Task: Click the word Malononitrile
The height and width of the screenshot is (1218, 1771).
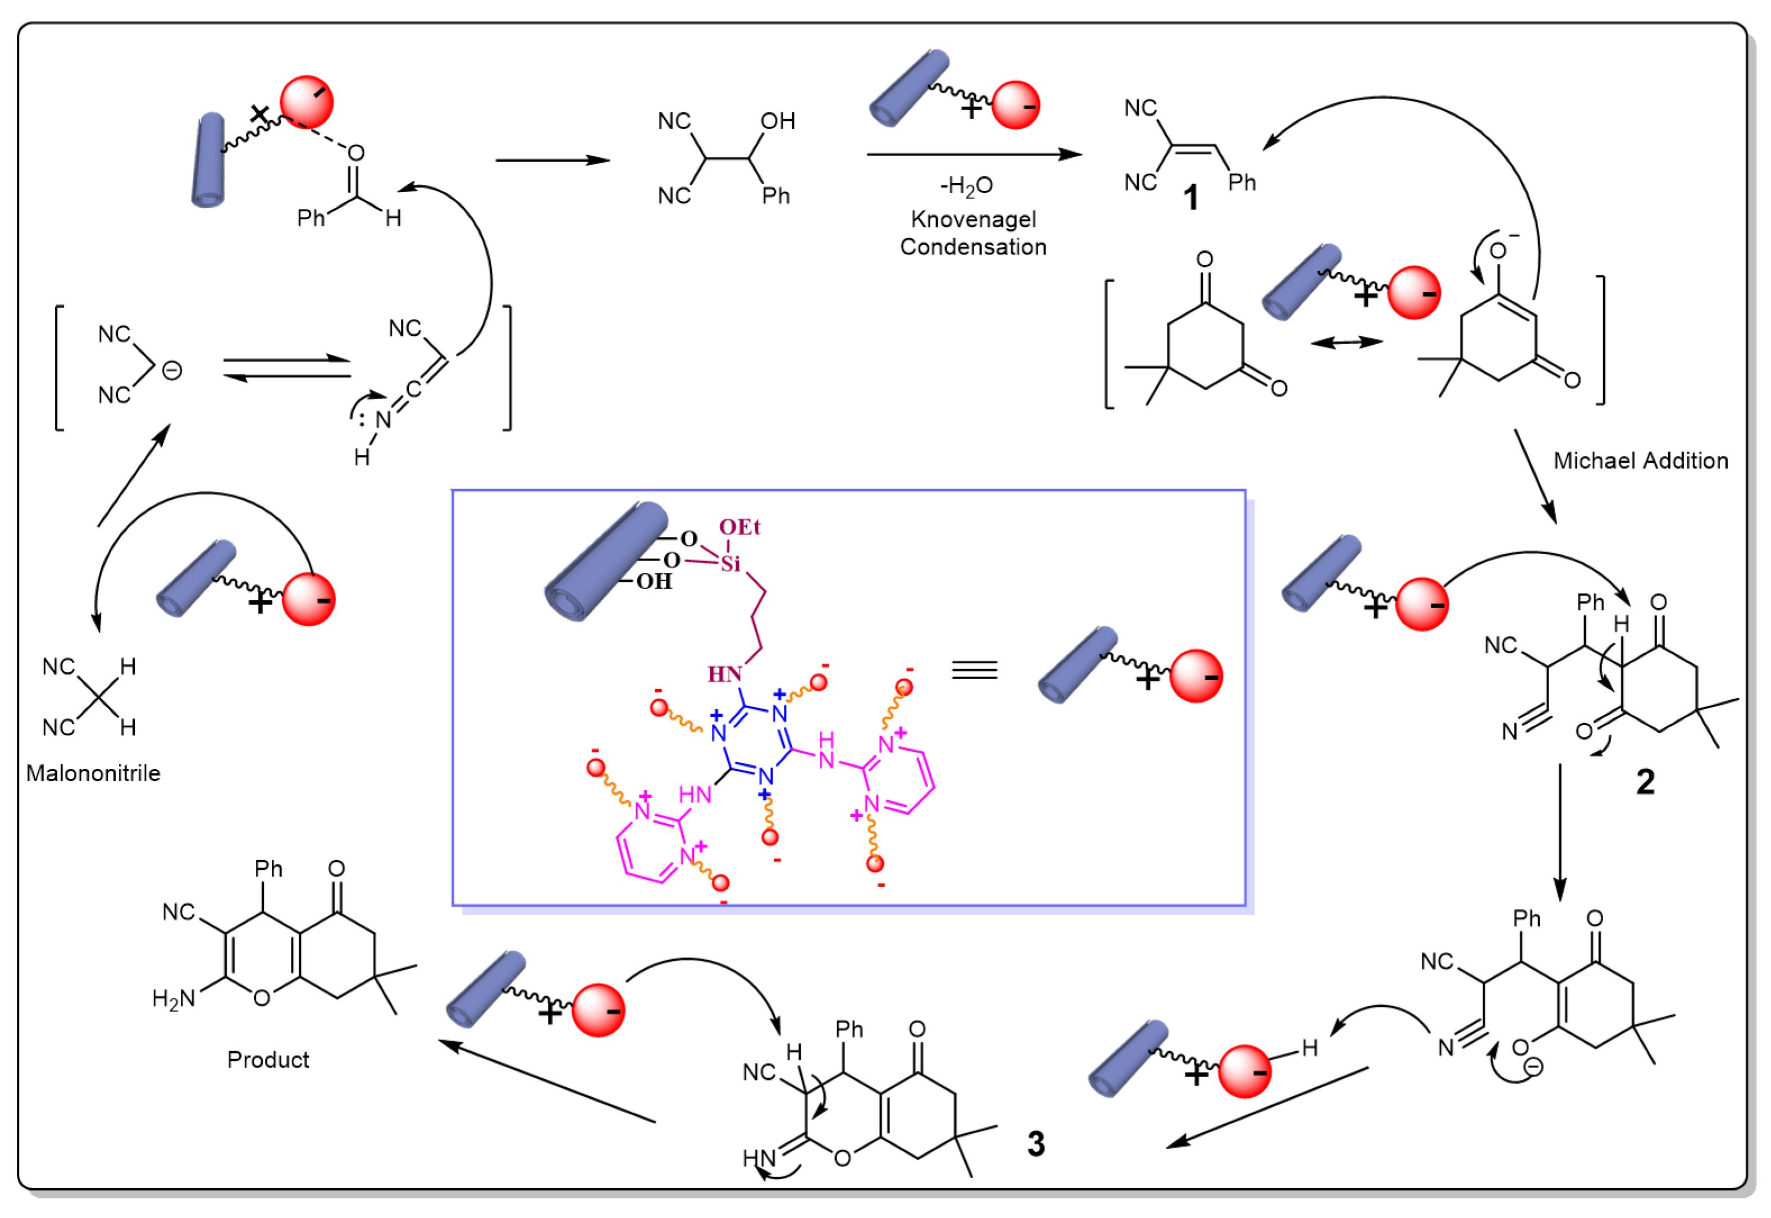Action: point(93,773)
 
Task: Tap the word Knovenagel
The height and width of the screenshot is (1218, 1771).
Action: point(973,219)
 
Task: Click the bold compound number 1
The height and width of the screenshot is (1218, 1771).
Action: point(1190,198)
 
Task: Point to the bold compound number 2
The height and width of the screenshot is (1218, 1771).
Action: point(1645,782)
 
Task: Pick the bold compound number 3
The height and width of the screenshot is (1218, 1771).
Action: point(1035,1143)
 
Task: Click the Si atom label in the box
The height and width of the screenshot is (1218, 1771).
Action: point(730,564)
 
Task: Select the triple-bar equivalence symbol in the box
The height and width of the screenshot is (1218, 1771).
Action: point(974,670)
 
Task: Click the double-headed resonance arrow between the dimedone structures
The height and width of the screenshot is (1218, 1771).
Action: point(1346,343)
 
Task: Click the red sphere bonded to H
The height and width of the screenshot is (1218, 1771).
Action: point(1244,1071)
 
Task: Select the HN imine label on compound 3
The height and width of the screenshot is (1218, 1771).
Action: point(759,1158)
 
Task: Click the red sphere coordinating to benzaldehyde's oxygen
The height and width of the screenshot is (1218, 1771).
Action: point(307,102)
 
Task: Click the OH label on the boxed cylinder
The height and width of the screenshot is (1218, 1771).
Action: point(654,582)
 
